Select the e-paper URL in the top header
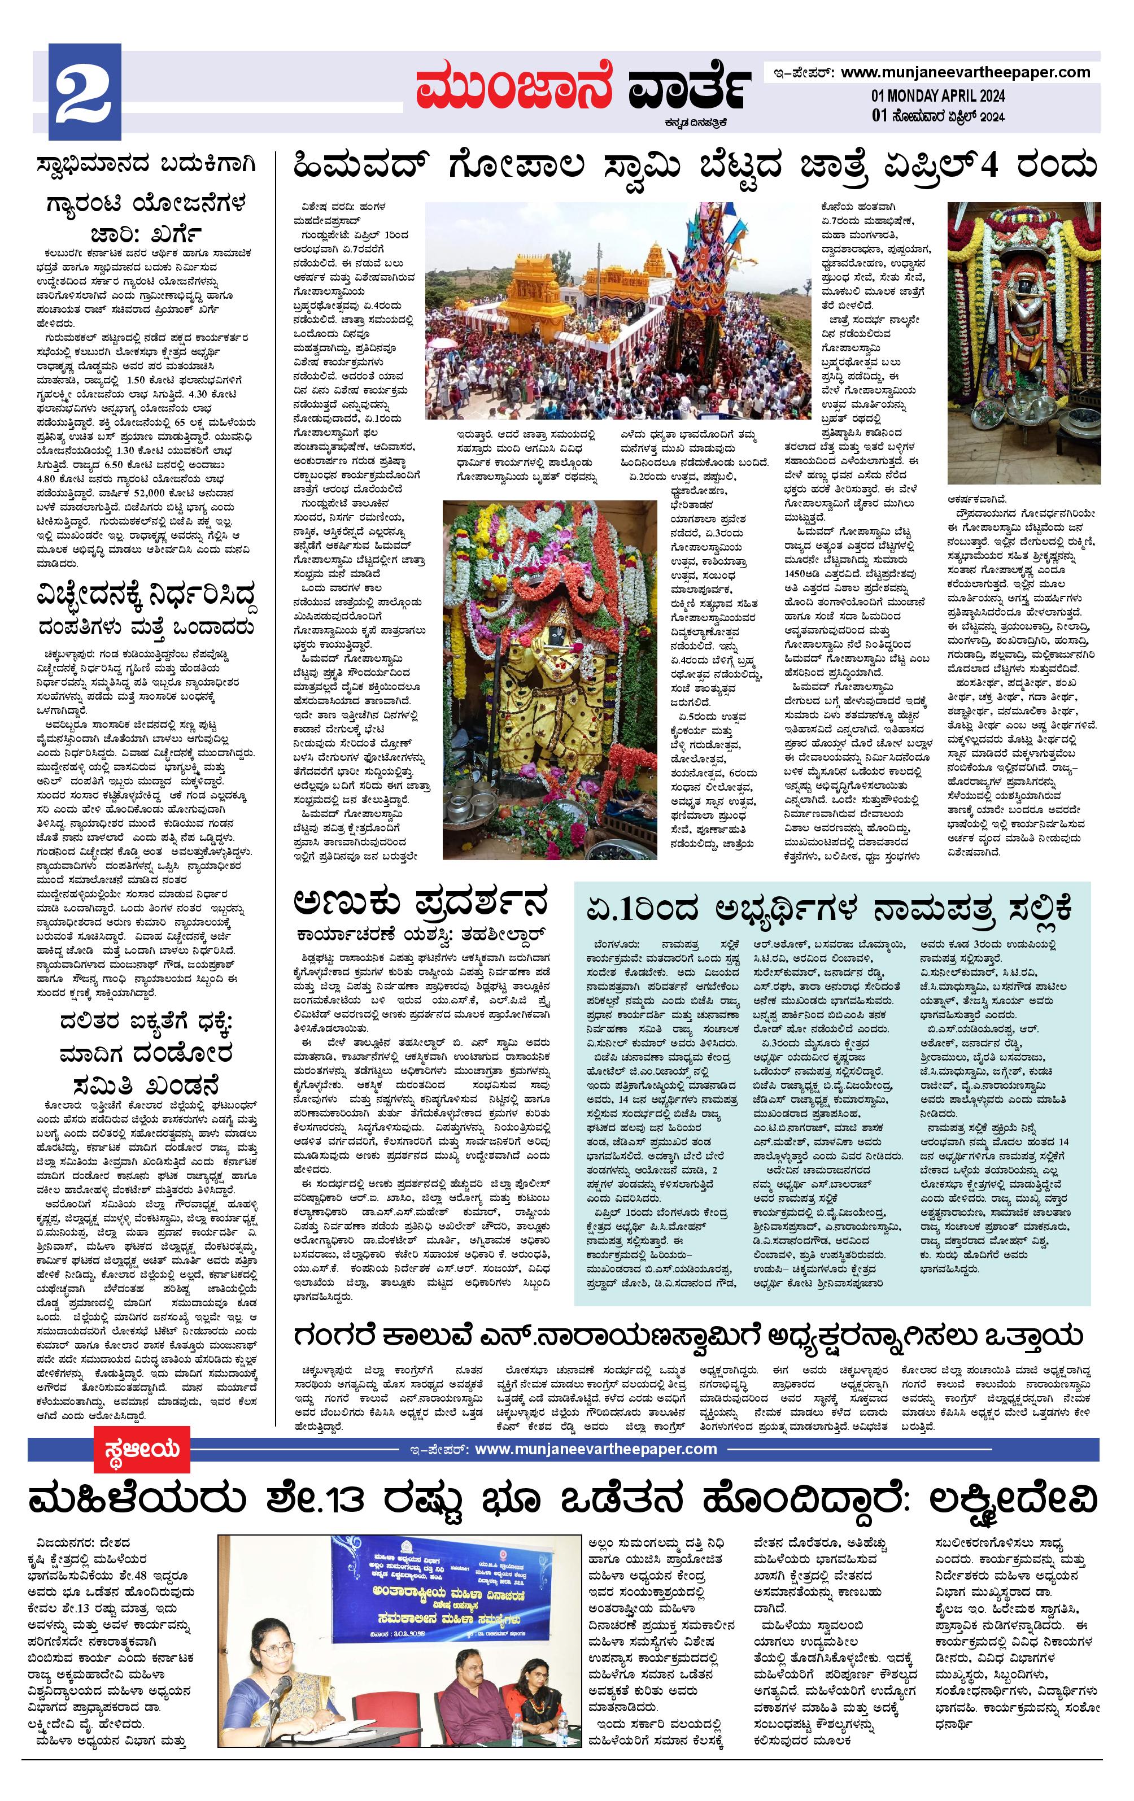pos(965,72)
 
